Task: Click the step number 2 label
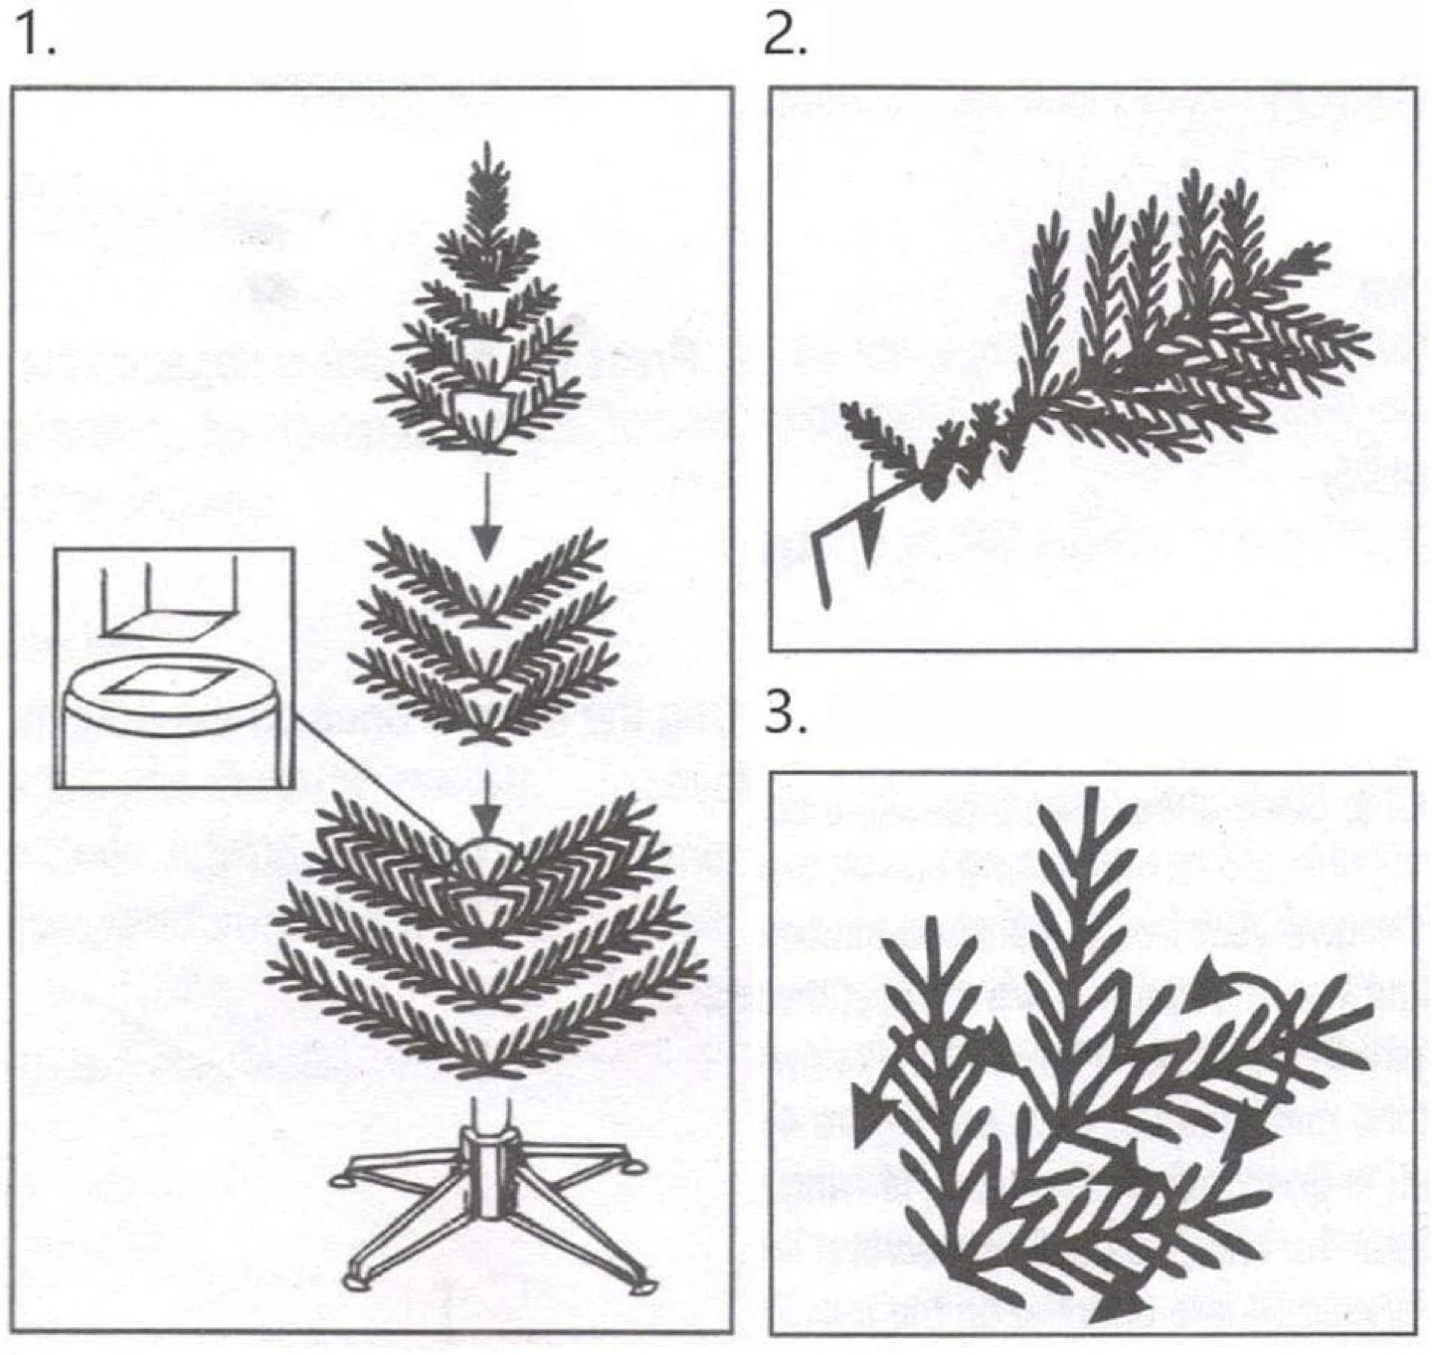785,35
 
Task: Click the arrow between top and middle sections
486,516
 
